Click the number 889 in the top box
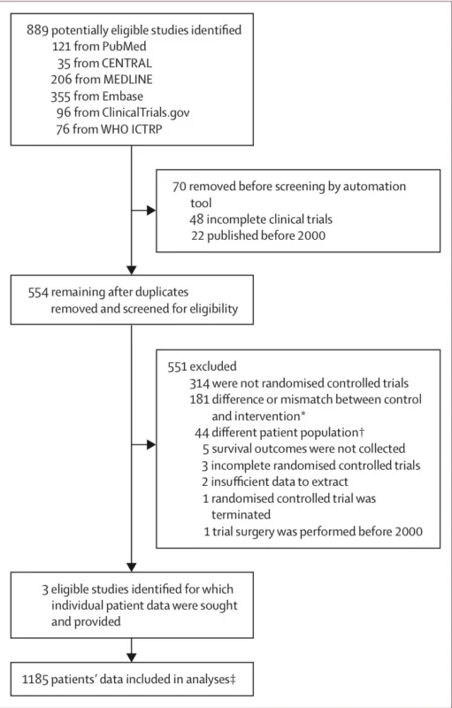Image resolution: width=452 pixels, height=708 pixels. (x=37, y=30)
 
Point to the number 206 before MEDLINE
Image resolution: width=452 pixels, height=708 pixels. (x=61, y=80)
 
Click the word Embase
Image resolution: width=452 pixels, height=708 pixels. (x=122, y=96)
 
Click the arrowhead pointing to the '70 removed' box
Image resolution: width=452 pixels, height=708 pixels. (x=151, y=211)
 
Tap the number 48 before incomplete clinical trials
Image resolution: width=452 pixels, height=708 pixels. (x=196, y=219)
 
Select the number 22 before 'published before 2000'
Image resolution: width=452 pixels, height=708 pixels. (x=196, y=235)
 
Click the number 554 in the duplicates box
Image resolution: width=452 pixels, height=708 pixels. (x=38, y=292)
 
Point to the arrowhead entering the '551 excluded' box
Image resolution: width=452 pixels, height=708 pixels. (x=151, y=445)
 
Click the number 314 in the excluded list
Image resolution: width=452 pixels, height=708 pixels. (x=200, y=383)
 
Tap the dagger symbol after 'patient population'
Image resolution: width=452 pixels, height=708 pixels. (x=361, y=432)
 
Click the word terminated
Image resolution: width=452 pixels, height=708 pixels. (x=241, y=515)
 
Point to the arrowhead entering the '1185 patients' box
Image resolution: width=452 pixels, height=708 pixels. (x=131, y=658)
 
